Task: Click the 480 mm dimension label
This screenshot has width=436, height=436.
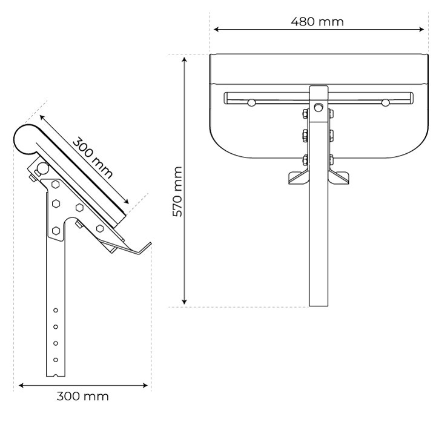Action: point(317,22)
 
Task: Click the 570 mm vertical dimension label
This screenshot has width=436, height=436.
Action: point(177,192)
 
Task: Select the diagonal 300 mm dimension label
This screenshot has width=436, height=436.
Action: point(93,157)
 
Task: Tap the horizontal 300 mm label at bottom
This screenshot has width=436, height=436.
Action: point(82,396)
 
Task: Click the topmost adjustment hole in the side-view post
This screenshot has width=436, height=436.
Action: point(56,310)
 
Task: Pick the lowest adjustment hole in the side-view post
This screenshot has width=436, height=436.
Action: point(56,360)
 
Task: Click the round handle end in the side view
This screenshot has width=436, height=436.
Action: point(25,139)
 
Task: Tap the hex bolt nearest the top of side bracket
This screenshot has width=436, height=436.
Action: point(56,184)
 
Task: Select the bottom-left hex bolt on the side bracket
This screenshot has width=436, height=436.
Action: point(56,230)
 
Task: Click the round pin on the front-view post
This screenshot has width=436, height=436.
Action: point(319,107)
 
